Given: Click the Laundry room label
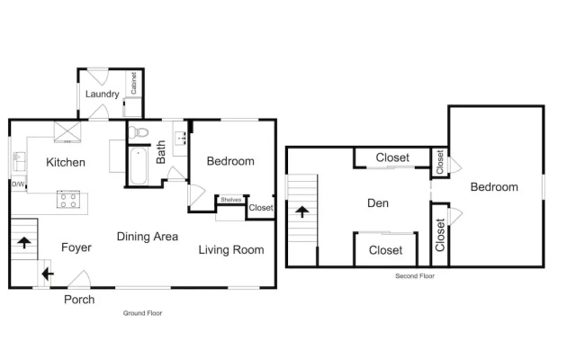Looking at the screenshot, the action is (102, 94).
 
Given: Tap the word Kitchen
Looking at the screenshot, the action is (66, 162).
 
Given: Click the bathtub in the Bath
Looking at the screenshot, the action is (139, 166).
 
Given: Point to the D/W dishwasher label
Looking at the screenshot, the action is (18, 184).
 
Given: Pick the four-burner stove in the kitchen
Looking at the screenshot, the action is (68, 200).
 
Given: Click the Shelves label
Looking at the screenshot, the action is (230, 200).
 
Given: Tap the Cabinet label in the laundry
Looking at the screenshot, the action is (133, 83).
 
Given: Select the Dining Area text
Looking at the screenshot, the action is (148, 236).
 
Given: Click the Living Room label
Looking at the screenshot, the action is (231, 250).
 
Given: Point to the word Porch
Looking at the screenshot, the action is (79, 300).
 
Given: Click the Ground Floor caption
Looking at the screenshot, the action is (142, 313).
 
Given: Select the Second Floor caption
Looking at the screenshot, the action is (415, 276).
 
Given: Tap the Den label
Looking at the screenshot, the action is (378, 203).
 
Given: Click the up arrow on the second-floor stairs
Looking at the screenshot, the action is (302, 211).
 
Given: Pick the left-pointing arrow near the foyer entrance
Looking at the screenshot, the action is (48, 274).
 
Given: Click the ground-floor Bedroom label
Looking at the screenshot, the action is (230, 161).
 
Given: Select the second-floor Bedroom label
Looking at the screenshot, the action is (494, 187).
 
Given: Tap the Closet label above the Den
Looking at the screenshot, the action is (392, 157).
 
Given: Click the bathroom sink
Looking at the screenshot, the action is (180, 138).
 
